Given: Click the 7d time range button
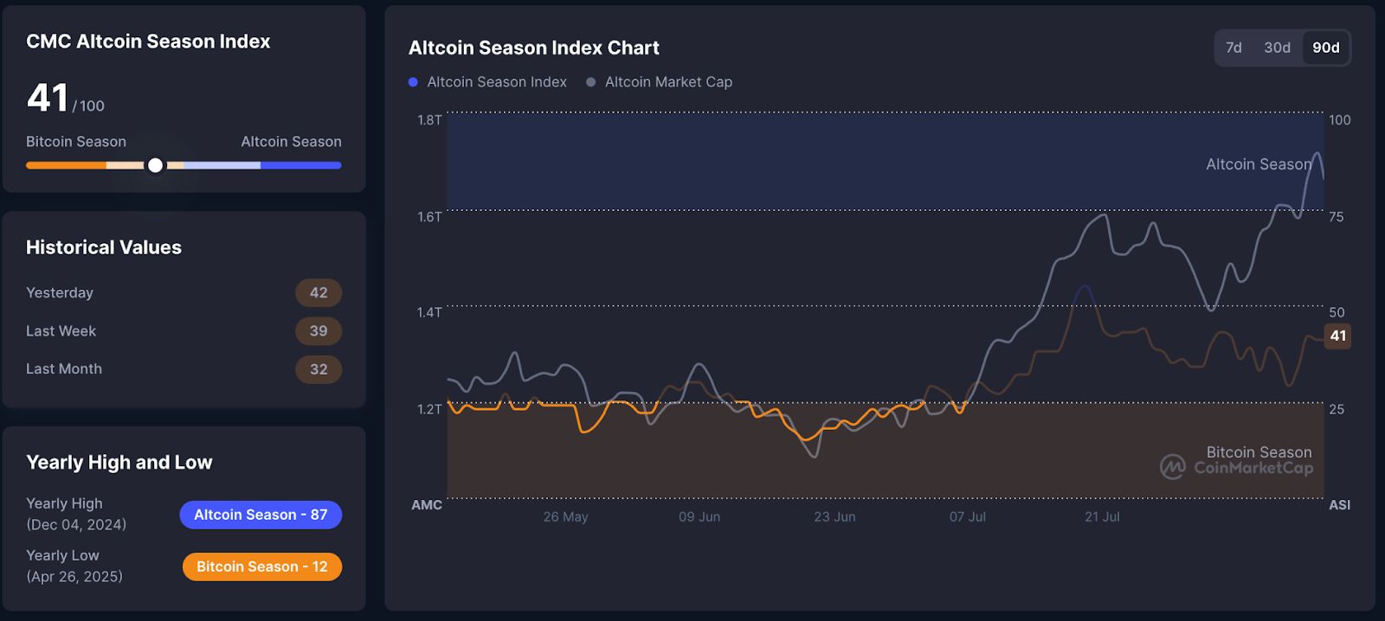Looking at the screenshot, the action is point(1234,48).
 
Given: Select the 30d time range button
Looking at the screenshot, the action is point(1277,48).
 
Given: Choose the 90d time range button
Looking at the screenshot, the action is point(1325,48).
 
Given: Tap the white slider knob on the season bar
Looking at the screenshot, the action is point(155,165).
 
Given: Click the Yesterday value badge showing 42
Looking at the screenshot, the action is point(319,292).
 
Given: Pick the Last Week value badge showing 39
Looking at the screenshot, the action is point(319,330).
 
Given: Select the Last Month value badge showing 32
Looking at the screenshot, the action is point(319,369).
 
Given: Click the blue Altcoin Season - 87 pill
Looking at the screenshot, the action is point(261,515).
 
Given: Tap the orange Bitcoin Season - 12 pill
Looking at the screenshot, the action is point(262,567).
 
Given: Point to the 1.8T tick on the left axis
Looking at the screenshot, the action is point(429,120).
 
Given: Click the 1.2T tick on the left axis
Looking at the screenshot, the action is point(429,409).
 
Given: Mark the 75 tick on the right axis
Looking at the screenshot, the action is point(1337,217).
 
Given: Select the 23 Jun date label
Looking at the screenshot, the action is point(834,516).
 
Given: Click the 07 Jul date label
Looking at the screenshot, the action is point(968,516).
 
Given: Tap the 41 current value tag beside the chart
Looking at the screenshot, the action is point(1337,336).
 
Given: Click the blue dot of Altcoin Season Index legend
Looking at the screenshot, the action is point(413,82).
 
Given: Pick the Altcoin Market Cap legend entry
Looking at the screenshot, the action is point(659,82).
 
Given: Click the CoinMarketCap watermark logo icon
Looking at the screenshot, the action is point(1172,467).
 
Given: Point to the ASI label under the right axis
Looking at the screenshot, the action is point(1339,505).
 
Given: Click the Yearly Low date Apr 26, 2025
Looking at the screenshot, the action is point(74,577).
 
